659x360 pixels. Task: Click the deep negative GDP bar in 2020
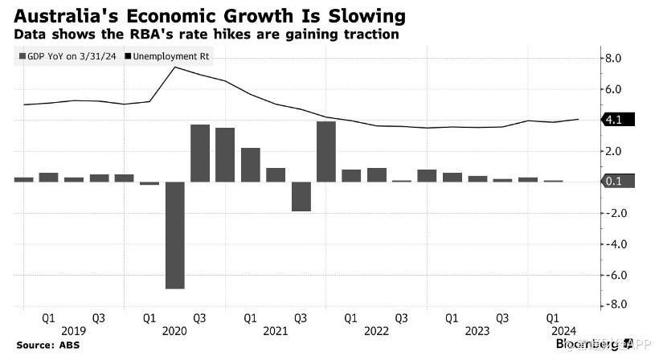175,235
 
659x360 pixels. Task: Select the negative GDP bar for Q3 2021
301,196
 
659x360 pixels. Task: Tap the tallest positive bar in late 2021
325,152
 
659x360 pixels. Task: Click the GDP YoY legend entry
70,55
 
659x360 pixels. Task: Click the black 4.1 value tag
617,120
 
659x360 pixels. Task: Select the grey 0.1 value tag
617,182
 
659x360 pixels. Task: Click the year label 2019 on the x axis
73,330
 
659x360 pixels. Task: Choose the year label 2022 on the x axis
375,330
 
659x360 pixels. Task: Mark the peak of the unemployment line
175,67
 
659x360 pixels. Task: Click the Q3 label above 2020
199,317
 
